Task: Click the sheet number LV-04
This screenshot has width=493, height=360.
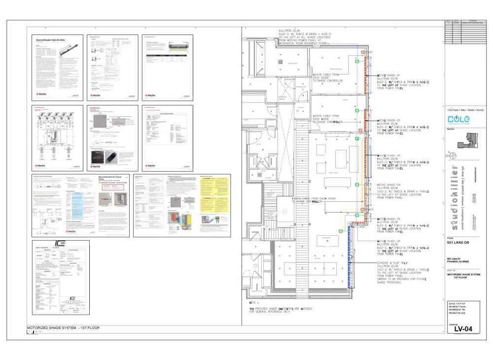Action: point(464,328)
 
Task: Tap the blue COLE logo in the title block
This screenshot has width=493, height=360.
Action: point(458,119)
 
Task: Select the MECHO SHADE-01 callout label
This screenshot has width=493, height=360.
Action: point(389,75)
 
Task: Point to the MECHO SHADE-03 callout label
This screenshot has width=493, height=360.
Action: point(389,155)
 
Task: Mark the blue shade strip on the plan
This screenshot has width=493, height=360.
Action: point(350,256)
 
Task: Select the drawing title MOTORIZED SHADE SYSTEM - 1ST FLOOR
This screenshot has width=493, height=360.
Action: point(63,328)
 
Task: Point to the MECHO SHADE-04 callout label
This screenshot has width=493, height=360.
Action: point(389,184)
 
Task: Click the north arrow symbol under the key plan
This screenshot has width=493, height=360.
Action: point(452,155)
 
